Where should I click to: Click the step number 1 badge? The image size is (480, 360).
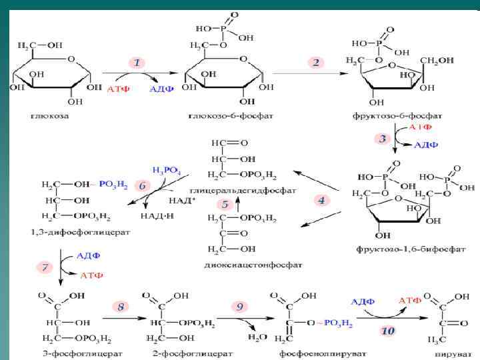(x=137, y=63)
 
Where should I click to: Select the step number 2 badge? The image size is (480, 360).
(x=316, y=62)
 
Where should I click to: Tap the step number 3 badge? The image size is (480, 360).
(x=382, y=139)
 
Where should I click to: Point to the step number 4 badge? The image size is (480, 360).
(x=321, y=199)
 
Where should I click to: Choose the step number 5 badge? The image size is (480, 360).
(x=225, y=204)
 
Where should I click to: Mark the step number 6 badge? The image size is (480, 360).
(x=141, y=186)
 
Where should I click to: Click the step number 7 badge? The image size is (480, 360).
(x=45, y=267)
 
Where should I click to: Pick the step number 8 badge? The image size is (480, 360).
(x=121, y=307)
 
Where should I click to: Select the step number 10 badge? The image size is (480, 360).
(x=387, y=331)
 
